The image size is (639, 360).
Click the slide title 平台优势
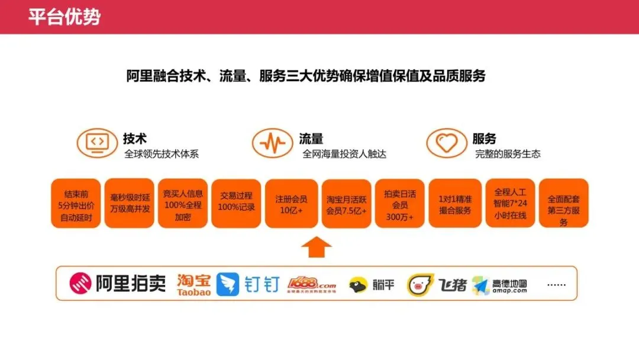tap(64, 17)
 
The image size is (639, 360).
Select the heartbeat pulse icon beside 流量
tap(272, 143)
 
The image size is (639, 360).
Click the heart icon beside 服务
tap(447, 143)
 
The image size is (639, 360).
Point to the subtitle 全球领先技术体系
tap(161, 154)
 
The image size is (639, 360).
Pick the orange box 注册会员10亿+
tap(291, 203)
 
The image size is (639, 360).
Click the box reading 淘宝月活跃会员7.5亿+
tap(346, 203)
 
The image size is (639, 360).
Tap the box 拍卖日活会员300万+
tap(399, 203)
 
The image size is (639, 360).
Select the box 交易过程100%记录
tap(235, 203)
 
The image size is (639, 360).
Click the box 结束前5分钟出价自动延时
tap(76, 203)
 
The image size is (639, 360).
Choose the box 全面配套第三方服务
tap(563, 203)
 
